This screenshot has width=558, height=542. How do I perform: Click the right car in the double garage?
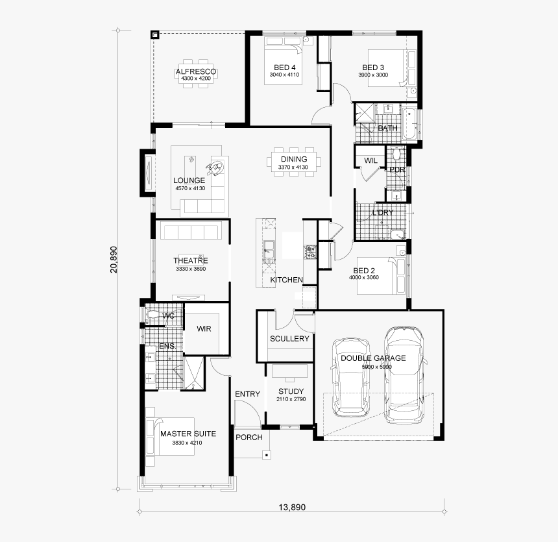coord(404,375)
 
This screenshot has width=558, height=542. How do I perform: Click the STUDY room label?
coord(291,391)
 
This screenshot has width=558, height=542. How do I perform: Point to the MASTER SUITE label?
coord(188,434)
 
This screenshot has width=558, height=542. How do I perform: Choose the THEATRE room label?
coord(190,261)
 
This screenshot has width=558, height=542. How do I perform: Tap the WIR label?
coord(205,329)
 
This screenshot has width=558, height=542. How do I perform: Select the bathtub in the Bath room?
coord(409,124)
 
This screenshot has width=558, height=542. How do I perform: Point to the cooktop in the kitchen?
coord(310,252)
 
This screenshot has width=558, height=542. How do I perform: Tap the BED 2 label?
coord(364,271)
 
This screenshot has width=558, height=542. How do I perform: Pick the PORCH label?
coord(249,437)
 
